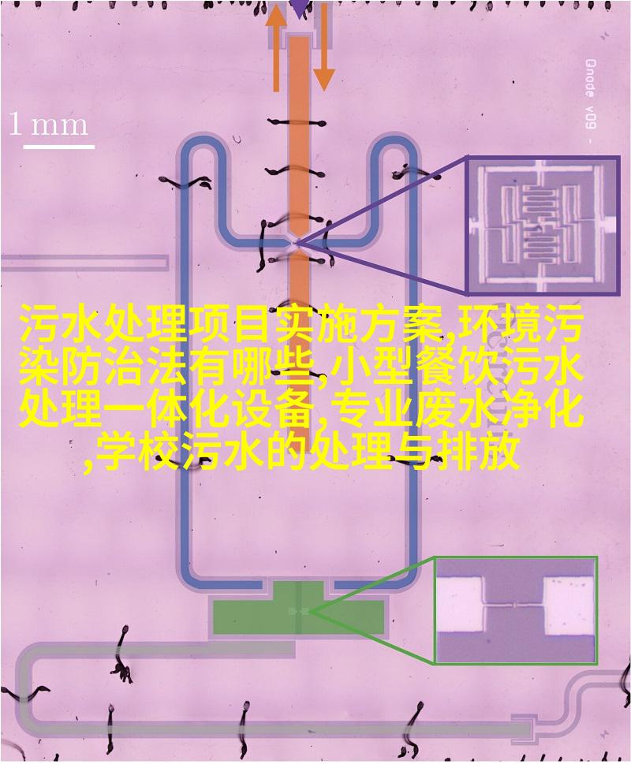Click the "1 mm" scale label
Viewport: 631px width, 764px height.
pyautogui.click(x=49, y=125)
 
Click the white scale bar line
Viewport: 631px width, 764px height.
pyautogui.click(x=58, y=146)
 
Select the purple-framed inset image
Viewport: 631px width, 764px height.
pyautogui.click(x=543, y=225)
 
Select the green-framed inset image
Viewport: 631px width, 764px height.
pyautogui.click(x=516, y=610)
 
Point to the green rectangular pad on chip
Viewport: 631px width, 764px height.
pyautogui.click(x=298, y=608)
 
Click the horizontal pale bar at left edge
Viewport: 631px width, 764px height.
pyautogui.click(x=84, y=263)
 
